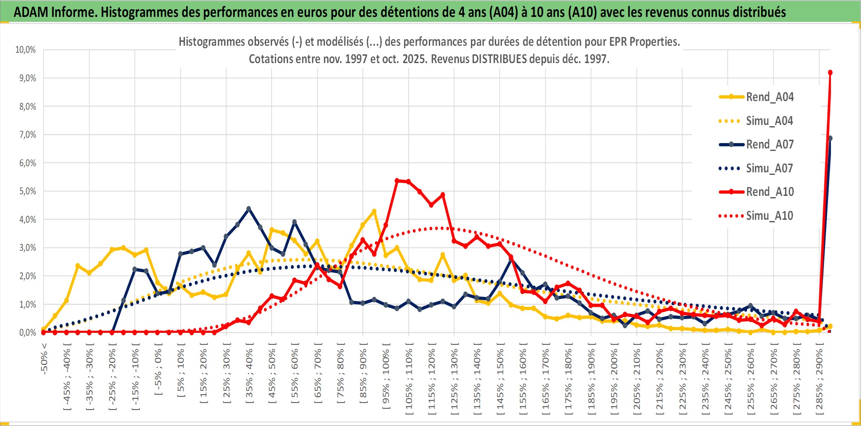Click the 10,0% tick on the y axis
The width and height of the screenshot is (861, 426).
click(26, 50)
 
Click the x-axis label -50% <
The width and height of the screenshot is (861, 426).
click(44, 358)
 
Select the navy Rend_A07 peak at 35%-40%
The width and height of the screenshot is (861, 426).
click(248, 209)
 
